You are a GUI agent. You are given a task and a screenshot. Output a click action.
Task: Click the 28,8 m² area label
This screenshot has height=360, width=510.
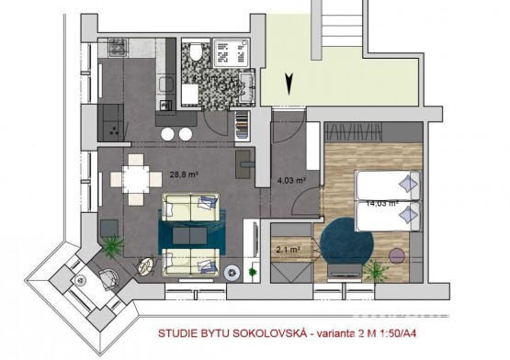click(184, 174)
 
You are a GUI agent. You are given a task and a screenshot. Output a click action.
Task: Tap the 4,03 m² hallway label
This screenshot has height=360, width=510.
click(291, 180)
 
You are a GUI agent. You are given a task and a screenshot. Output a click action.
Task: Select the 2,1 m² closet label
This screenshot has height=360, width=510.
click(288, 250)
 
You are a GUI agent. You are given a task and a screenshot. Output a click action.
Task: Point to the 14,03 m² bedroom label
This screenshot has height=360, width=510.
click(382, 204)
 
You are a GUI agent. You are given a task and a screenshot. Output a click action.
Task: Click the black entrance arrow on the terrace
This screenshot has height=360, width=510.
click(289, 84)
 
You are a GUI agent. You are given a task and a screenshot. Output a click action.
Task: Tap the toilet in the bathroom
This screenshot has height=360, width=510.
click(196, 51)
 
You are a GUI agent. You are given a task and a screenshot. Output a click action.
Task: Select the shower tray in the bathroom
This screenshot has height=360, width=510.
click(231, 52)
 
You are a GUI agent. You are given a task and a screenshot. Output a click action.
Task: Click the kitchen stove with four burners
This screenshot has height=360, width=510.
click(118, 48)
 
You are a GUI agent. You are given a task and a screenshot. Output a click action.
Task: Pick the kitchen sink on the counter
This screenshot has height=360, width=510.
click(165, 84)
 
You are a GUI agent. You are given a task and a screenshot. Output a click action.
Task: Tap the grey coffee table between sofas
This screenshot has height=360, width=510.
click(189, 235)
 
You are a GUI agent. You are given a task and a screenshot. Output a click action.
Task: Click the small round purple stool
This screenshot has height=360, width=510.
click(397, 256)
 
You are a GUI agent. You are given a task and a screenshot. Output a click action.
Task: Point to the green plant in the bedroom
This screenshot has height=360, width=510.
click(376, 271)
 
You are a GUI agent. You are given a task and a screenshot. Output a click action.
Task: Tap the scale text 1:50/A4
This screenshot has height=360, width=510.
click(398, 333)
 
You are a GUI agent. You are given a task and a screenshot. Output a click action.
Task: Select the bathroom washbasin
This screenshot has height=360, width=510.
click(247, 87)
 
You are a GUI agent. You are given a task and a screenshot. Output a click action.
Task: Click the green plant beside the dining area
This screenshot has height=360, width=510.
click(112, 246)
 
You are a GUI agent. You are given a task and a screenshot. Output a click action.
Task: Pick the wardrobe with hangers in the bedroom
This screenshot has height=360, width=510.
click(353, 132)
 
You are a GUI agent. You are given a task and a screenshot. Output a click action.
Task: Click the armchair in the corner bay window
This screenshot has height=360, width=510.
click(108, 279)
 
